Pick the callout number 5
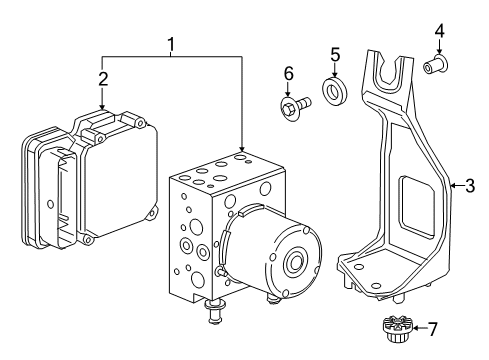336,54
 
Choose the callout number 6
287,74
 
